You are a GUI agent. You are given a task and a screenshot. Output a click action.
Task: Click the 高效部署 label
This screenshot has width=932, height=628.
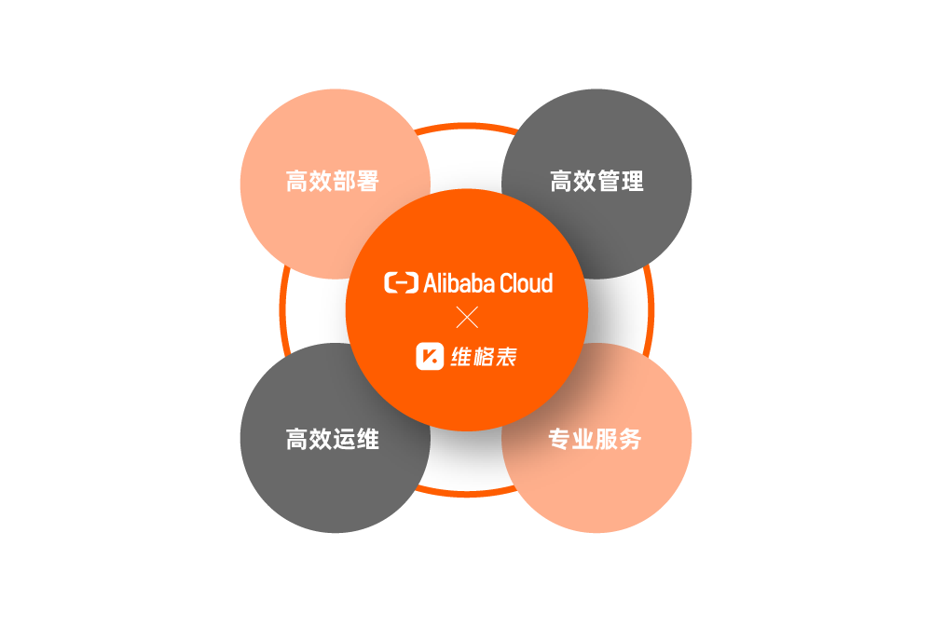click(x=333, y=182)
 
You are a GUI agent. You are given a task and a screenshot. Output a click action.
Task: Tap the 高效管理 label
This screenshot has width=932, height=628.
click(x=596, y=182)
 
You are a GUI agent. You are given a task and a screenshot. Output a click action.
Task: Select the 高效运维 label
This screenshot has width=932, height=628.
click(x=333, y=439)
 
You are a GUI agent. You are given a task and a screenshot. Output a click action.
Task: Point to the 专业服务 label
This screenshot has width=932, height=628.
click(x=596, y=439)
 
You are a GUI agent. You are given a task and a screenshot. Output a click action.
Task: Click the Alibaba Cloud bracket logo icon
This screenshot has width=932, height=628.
click(x=401, y=282)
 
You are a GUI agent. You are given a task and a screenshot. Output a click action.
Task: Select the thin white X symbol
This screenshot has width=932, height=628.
click(x=467, y=318)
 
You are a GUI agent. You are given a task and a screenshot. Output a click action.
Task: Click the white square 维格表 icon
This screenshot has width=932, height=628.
click(x=430, y=356)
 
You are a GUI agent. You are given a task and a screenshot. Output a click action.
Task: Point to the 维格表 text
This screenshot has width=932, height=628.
click(x=484, y=356)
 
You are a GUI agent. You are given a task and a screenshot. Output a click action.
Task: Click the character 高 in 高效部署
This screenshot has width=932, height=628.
click(x=297, y=182)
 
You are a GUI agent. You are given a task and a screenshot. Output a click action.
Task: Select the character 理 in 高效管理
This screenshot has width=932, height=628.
click(x=632, y=182)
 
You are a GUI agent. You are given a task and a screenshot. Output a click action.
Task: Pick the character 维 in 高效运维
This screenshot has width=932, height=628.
click(x=368, y=439)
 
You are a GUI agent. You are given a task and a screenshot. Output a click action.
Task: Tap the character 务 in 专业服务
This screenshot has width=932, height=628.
click(x=631, y=439)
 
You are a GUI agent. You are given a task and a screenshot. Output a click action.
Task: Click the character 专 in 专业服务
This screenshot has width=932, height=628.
click(x=560, y=439)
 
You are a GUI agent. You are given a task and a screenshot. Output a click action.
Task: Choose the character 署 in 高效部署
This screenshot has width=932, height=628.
click(x=368, y=182)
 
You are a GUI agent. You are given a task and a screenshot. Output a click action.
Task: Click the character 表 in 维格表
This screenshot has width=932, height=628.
click(x=505, y=356)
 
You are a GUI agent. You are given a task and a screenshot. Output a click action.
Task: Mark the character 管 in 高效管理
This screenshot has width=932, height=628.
click(x=609, y=182)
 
